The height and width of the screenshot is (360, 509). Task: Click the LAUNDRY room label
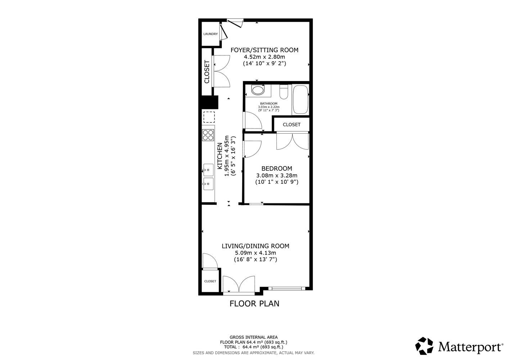click(x=211, y=34)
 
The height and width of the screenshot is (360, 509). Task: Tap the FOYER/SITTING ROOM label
click(x=265, y=50)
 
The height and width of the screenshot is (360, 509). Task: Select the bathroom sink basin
click(x=258, y=90)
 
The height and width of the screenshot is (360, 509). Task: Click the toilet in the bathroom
click(x=284, y=91)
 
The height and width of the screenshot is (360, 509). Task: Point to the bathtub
click(x=301, y=100)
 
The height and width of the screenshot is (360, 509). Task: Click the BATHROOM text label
click(x=269, y=103)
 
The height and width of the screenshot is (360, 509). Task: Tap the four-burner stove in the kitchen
click(x=208, y=135)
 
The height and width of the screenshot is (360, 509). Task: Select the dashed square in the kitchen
click(x=209, y=117)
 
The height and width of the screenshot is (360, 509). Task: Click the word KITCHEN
click(x=220, y=156)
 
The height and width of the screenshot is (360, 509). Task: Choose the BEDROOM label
click(x=277, y=168)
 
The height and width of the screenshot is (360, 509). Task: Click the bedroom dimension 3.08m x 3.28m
click(x=277, y=175)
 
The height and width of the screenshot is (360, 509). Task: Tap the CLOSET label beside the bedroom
click(x=292, y=125)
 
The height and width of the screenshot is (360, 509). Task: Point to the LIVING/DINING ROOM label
click(x=256, y=246)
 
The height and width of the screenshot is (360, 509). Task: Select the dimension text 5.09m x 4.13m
click(x=256, y=253)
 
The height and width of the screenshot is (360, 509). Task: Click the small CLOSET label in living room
click(x=210, y=281)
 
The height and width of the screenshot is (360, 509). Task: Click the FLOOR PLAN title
click(x=254, y=303)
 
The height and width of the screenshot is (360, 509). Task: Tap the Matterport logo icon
click(x=424, y=346)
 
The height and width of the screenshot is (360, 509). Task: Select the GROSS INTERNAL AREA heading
click(x=253, y=337)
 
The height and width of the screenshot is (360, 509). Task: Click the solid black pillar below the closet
click(x=208, y=102)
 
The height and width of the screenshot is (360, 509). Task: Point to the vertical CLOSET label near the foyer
click(x=207, y=72)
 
